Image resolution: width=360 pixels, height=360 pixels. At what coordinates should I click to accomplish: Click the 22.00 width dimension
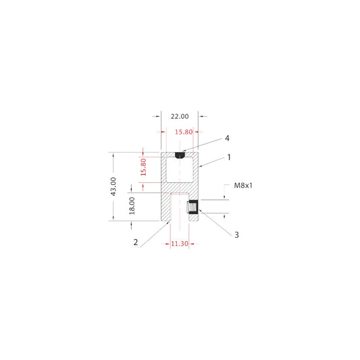[180, 116]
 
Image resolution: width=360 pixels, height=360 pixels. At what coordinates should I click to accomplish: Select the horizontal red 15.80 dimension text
[184, 132]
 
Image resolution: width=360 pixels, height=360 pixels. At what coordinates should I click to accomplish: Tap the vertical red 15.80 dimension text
[143, 167]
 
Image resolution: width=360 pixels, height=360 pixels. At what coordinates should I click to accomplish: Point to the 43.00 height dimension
[113, 186]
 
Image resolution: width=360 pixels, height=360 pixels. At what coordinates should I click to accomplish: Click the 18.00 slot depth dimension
[132, 206]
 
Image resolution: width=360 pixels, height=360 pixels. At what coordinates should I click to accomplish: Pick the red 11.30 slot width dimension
[180, 244]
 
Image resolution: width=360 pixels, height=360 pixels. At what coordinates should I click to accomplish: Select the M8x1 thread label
[243, 185]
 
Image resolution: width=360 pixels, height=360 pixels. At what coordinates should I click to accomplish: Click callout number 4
[227, 138]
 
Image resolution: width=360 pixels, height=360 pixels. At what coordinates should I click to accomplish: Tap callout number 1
[229, 157]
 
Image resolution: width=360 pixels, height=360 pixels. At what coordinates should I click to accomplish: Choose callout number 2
[136, 242]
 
